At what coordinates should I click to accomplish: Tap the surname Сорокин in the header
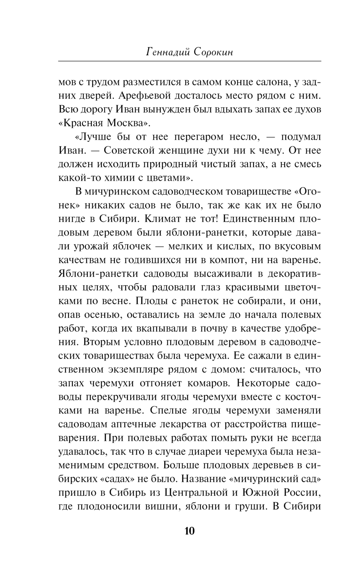point(213,52)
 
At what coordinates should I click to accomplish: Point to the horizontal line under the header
point(189,62)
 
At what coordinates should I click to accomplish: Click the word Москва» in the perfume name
point(127,123)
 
